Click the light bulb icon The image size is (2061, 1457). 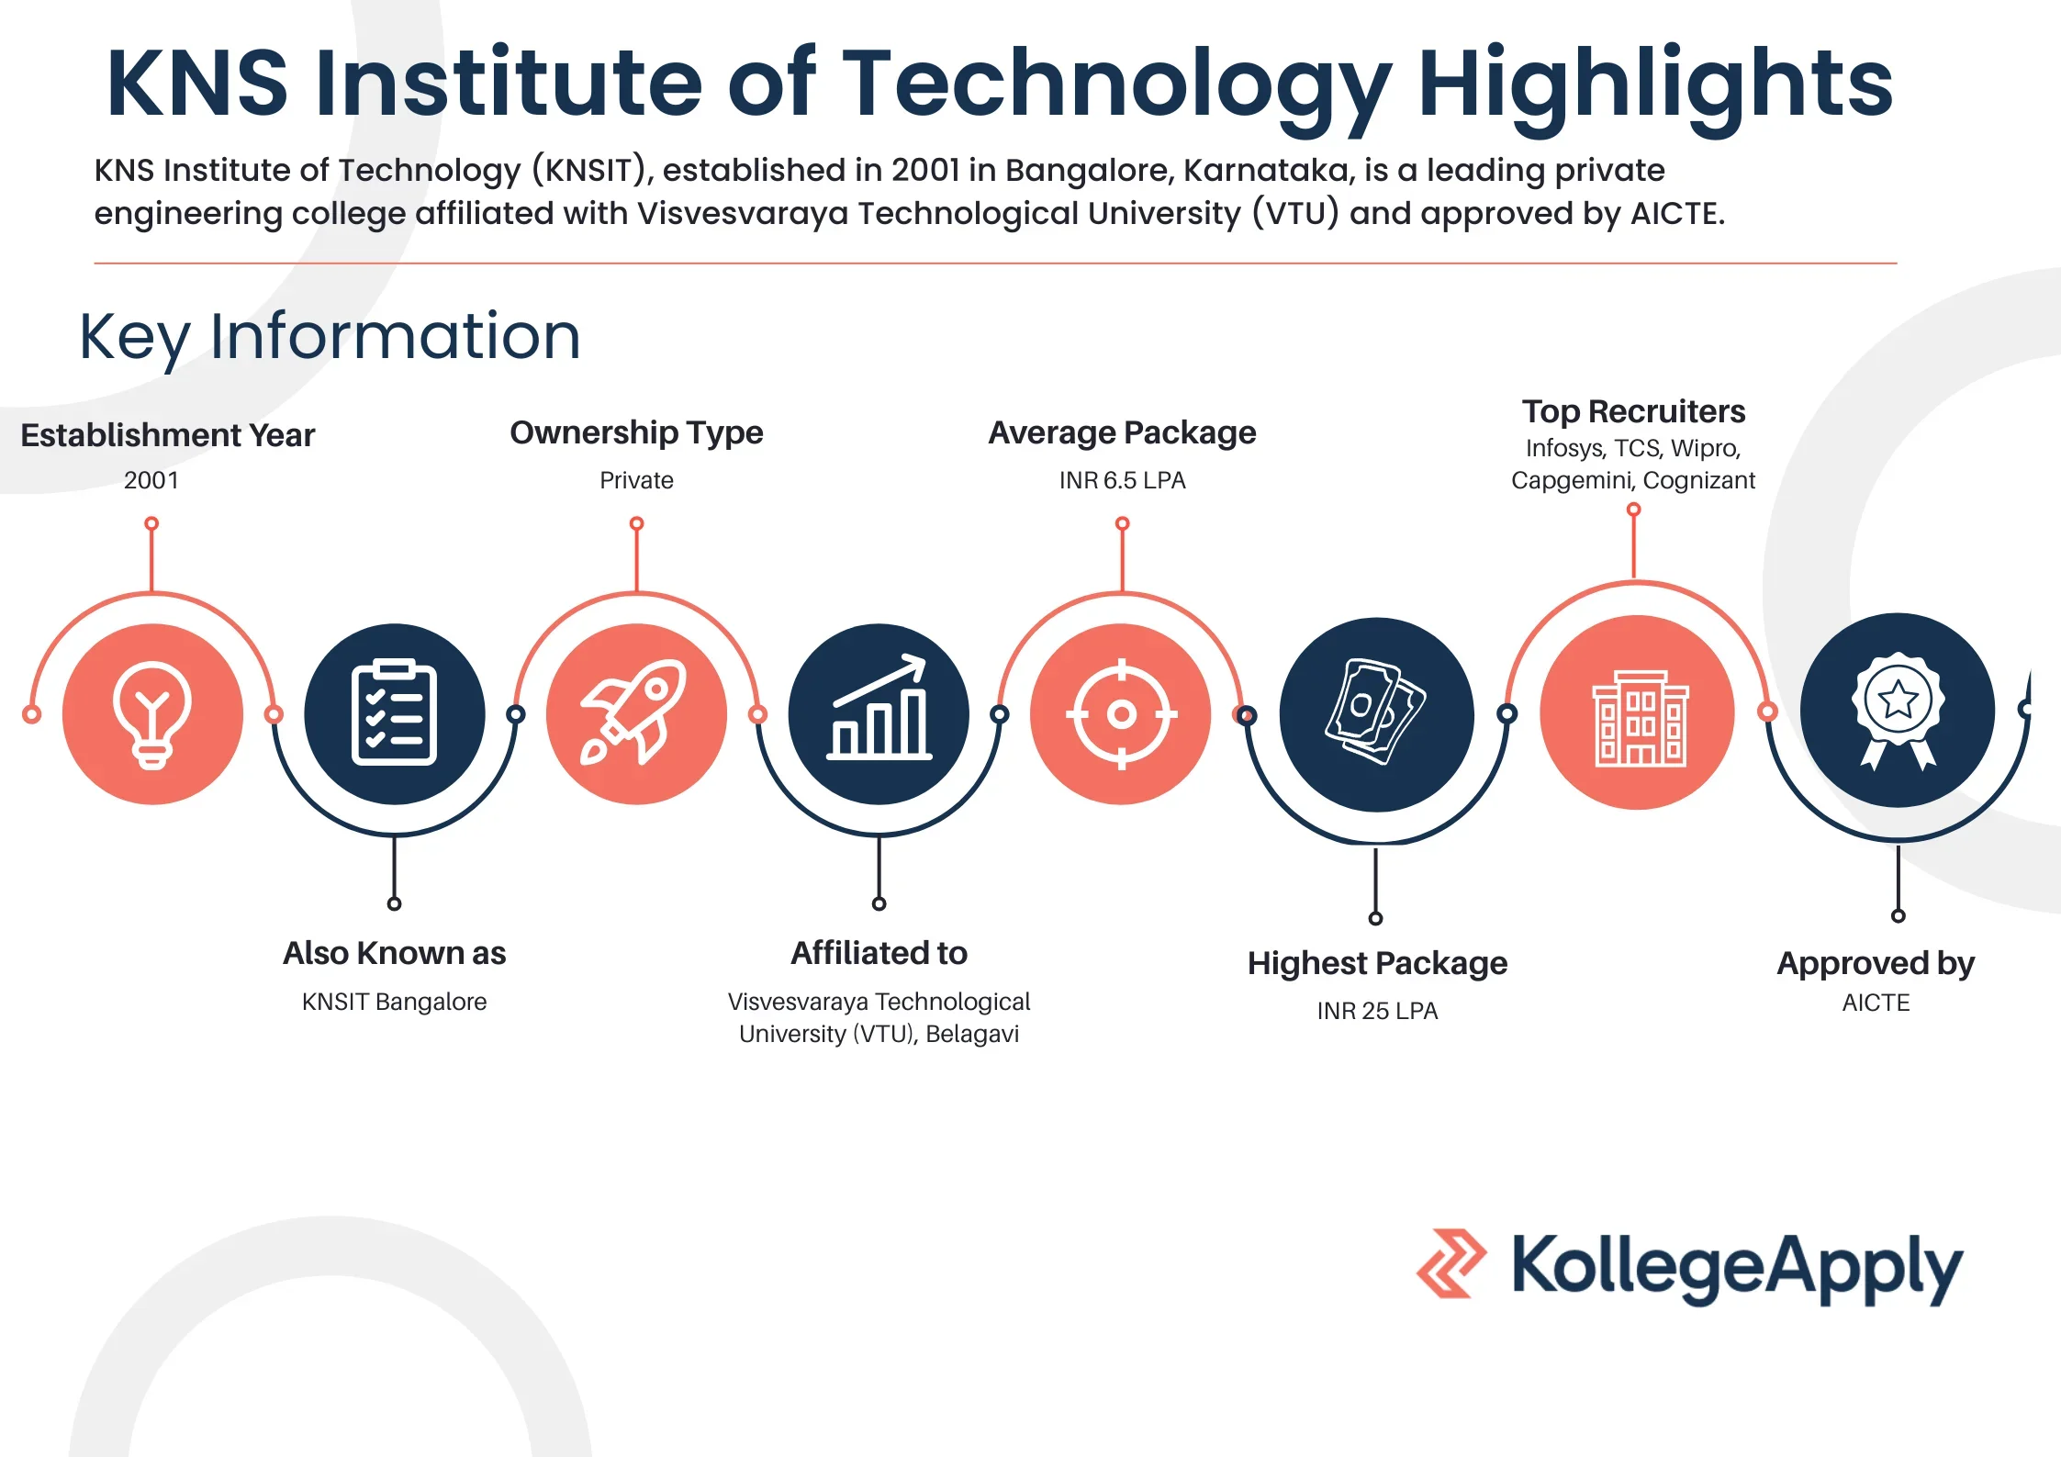pos(152,714)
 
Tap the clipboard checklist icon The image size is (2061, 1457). pos(394,713)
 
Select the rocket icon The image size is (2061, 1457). pos(635,713)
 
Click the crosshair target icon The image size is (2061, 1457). pos(1121,713)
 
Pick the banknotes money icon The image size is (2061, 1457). pos(1375,712)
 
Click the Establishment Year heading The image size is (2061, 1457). pos(167,435)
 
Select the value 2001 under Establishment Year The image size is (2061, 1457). pos(151,480)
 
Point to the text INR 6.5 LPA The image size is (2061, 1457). pos(1122,480)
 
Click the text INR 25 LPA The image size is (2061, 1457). pos(1377,1011)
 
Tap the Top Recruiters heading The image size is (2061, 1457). pos(1633,411)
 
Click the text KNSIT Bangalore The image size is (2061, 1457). pos(394,1002)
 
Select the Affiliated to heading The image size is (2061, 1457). pos(879,953)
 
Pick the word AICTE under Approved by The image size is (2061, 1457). pos(1876,1003)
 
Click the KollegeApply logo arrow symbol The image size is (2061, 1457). pos(1451,1263)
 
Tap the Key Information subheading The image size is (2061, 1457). pos(330,336)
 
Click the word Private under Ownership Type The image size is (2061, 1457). pos(636,480)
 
